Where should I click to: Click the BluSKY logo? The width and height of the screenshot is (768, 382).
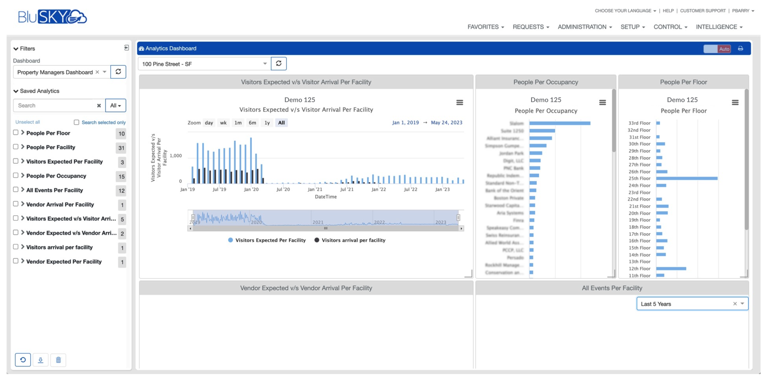coord(52,17)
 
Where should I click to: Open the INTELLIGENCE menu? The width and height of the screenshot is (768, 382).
coord(719,27)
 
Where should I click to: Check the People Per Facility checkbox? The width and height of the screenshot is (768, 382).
coord(16,146)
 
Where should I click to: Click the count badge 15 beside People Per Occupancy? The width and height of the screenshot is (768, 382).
coord(121,176)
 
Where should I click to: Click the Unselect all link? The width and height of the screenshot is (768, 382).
coord(28,122)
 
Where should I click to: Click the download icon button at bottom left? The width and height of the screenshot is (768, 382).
coord(40,360)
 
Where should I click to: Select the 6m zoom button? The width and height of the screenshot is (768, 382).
coord(252,123)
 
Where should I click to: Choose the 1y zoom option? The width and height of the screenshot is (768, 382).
coord(267,123)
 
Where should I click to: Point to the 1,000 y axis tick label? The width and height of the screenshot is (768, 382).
coord(175,156)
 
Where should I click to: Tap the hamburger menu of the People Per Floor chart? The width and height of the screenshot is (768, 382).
coord(735,103)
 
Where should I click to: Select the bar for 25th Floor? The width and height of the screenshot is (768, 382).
coord(686,178)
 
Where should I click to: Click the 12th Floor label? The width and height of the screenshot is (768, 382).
coord(639,268)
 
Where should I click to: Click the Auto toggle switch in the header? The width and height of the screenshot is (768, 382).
coord(717,49)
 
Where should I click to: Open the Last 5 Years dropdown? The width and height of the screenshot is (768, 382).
coord(692,304)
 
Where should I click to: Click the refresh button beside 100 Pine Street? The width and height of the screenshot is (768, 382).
coord(278,63)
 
